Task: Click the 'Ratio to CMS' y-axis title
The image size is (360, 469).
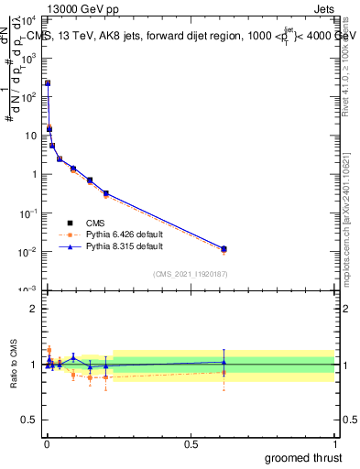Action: [x=14, y=364]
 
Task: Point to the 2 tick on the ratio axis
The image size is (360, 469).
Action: [x=33, y=309]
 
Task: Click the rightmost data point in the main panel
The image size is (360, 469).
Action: [x=224, y=248]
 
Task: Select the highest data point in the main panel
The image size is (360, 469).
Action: [x=48, y=82]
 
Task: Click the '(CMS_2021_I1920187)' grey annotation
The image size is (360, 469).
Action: [x=190, y=274]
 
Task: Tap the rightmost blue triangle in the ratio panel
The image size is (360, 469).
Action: [x=224, y=362]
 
